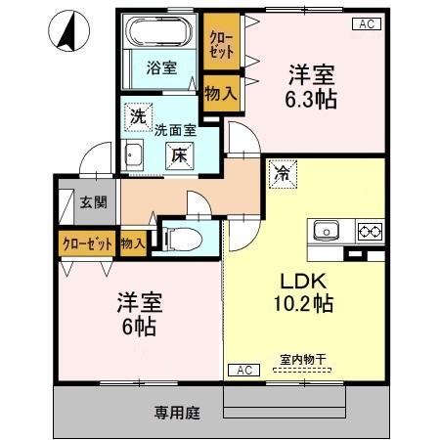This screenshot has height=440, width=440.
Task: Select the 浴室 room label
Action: (161, 68)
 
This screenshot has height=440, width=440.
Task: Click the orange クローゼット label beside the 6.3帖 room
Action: (221, 44)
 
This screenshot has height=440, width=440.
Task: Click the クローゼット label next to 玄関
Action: (87, 242)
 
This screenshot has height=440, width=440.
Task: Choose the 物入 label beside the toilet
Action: (133, 242)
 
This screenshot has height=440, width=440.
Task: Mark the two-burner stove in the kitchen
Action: (369, 232)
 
